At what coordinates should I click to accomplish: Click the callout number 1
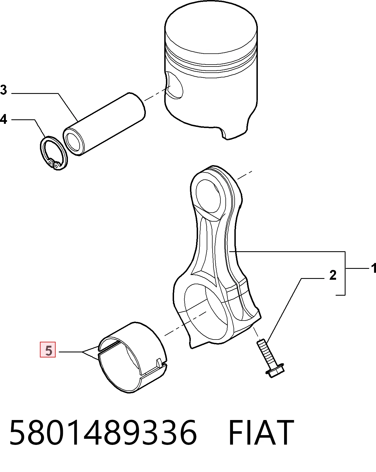tap(373, 268)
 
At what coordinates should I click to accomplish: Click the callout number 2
tap(333, 275)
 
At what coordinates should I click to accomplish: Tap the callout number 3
tap(3, 90)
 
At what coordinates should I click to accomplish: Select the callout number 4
tap(3, 119)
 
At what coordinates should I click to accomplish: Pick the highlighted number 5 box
tap(48, 350)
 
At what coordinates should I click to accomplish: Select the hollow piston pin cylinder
tap(104, 124)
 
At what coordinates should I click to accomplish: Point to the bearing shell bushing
tap(133, 357)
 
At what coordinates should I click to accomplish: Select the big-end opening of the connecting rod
tap(206, 312)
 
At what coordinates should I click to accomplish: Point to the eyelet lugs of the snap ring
tap(54, 164)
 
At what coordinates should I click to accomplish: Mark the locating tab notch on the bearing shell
tap(160, 363)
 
